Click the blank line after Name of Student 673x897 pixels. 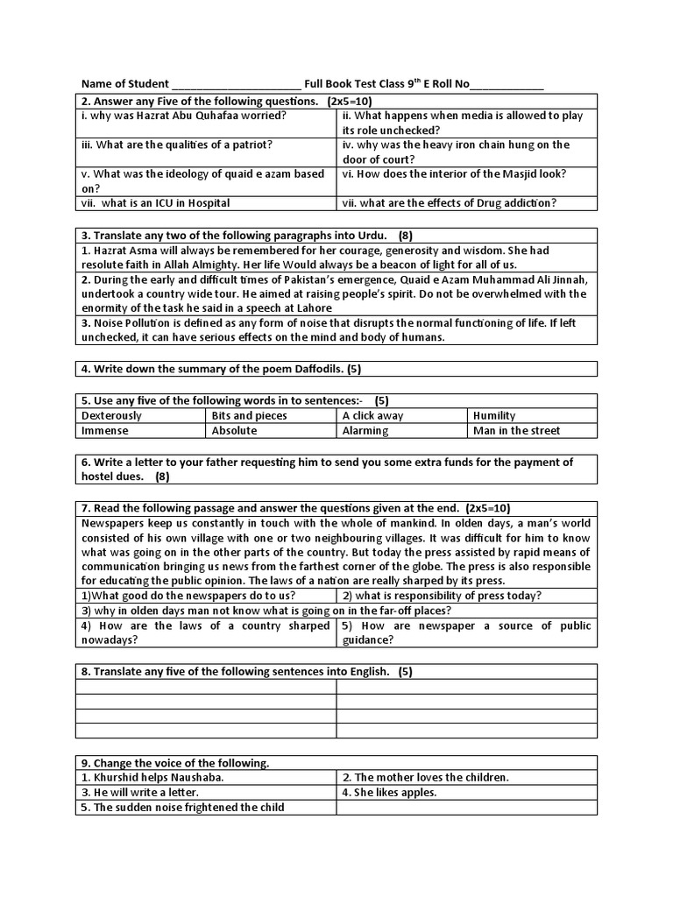tap(237, 85)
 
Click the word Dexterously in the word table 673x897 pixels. tap(111, 415)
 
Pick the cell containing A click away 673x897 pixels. tap(373, 415)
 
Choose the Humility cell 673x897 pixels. tap(494, 415)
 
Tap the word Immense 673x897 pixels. tap(105, 430)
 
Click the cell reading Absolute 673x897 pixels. tap(235, 430)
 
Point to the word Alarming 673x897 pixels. tap(365, 430)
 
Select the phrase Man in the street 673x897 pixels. tap(517, 430)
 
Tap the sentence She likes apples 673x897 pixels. tap(389, 793)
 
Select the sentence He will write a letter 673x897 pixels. tap(144, 793)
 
